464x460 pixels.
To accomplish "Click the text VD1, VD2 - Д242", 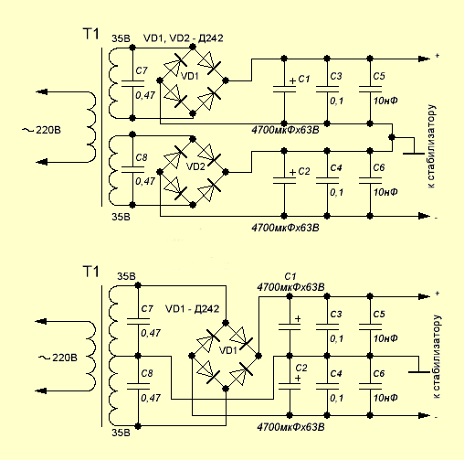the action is pyautogui.click(x=184, y=38).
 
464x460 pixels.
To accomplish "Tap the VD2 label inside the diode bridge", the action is pyautogui.click(x=195, y=166).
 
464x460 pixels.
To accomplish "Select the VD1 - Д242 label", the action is pyautogui.click(x=192, y=309).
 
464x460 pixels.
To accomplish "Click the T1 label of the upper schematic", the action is pyautogui.click(x=91, y=34).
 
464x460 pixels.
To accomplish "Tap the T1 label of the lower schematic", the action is pyautogui.click(x=91, y=272).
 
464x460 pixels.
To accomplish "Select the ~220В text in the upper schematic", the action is pyautogui.click(x=42, y=130).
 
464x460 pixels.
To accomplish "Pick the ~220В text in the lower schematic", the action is pyautogui.click(x=58, y=358).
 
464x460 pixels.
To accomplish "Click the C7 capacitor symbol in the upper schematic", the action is pyautogui.click(x=132, y=84).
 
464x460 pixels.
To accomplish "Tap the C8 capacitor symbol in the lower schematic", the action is pyautogui.click(x=138, y=386).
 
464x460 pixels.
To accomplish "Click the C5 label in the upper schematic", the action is pyautogui.click(x=379, y=76).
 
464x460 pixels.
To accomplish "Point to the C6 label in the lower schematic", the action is pyautogui.click(x=379, y=373).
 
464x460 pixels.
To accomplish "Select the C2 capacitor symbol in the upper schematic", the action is pyautogui.click(x=284, y=181).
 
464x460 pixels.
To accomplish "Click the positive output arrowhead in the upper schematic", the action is pyautogui.click(x=424, y=59).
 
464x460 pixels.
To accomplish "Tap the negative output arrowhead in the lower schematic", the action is pyautogui.click(x=424, y=415).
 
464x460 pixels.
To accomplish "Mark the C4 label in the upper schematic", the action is pyautogui.click(x=336, y=167).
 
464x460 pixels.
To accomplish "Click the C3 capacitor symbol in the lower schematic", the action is pyautogui.click(x=327, y=327).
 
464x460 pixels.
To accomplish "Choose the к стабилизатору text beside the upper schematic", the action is pyautogui.click(x=431, y=146).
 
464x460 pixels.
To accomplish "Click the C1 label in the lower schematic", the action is pyautogui.click(x=290, y=276).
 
